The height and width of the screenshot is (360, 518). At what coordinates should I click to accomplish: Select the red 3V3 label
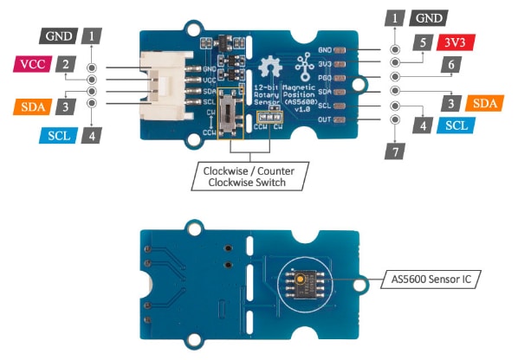pos(456,42)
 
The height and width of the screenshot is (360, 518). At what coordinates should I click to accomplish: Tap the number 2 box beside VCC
pos(65,63)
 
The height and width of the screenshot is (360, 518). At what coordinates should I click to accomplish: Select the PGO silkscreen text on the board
pos(327,77)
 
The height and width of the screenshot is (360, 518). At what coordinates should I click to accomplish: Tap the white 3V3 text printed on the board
pos(327,63)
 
